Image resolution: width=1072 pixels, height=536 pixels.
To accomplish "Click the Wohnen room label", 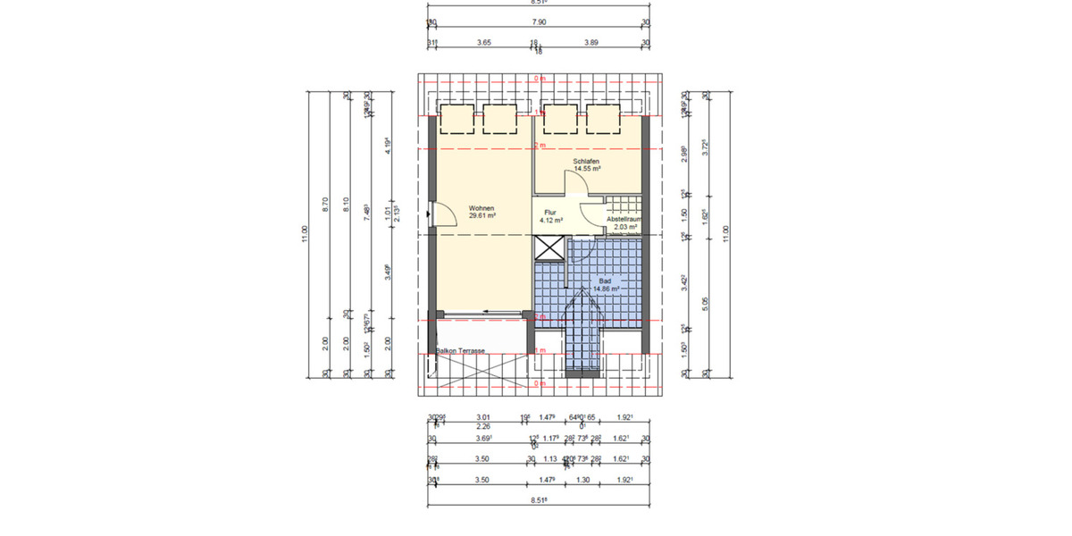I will tap(482, 208).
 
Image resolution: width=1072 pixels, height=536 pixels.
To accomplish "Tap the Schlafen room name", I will tap(587, 160).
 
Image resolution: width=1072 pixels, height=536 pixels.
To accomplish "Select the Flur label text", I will tap(550, 213).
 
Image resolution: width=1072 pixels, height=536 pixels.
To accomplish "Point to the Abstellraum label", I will tap(624, 219).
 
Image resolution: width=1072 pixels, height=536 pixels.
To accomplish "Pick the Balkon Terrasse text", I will tap(461, 351).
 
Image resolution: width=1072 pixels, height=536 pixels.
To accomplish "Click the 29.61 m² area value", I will tap(482, 215).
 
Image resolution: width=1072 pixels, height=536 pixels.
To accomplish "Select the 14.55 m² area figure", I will tap(587, 168).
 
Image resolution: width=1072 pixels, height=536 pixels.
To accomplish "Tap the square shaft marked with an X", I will tap(549, 249).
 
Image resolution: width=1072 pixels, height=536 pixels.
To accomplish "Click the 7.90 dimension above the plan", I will tap(540, 21).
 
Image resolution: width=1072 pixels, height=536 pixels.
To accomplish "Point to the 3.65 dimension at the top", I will tap(483, 42).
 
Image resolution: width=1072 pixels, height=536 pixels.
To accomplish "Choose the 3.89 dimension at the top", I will tap(590, 42).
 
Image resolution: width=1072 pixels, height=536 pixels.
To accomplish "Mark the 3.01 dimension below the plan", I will tap(483, 416).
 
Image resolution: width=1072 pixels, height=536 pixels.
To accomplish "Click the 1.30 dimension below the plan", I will tap(582, 480).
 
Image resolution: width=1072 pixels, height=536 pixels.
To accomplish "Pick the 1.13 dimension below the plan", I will tap(551, 459).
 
